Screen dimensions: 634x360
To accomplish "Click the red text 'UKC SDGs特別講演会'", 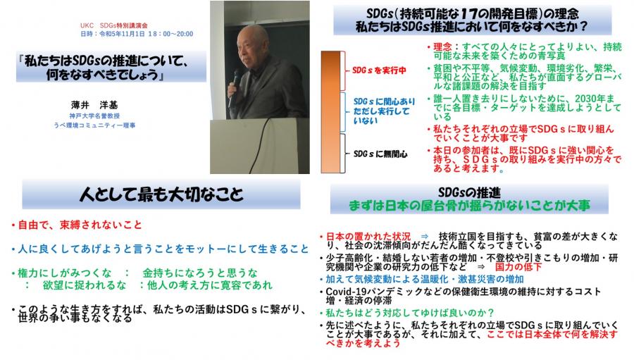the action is tap(113, 25).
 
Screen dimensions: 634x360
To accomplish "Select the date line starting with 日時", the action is tap(137, 34).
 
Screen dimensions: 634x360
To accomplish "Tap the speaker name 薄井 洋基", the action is tap(94, 105).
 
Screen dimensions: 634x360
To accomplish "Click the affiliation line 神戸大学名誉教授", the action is tap(94, 116).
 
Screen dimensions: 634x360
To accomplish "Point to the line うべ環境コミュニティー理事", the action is tap(94, 125).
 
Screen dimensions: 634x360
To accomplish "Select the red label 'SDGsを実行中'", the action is tap(379, 70).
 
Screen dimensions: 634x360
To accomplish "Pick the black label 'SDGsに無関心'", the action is tap(380, 154).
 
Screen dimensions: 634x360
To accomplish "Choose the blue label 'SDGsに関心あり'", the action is tap(384, 101).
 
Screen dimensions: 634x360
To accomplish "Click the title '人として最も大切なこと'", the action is tap(161, 194).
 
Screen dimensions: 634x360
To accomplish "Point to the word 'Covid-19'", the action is tap(344, 292).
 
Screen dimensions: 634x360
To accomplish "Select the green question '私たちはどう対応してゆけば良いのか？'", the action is tap(410, 313).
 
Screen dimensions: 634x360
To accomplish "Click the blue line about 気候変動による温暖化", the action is tap(425, 279).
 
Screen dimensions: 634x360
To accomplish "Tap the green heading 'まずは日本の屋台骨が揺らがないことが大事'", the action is tap(469, 206).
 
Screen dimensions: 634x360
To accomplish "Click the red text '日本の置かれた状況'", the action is tap(368, 236).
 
